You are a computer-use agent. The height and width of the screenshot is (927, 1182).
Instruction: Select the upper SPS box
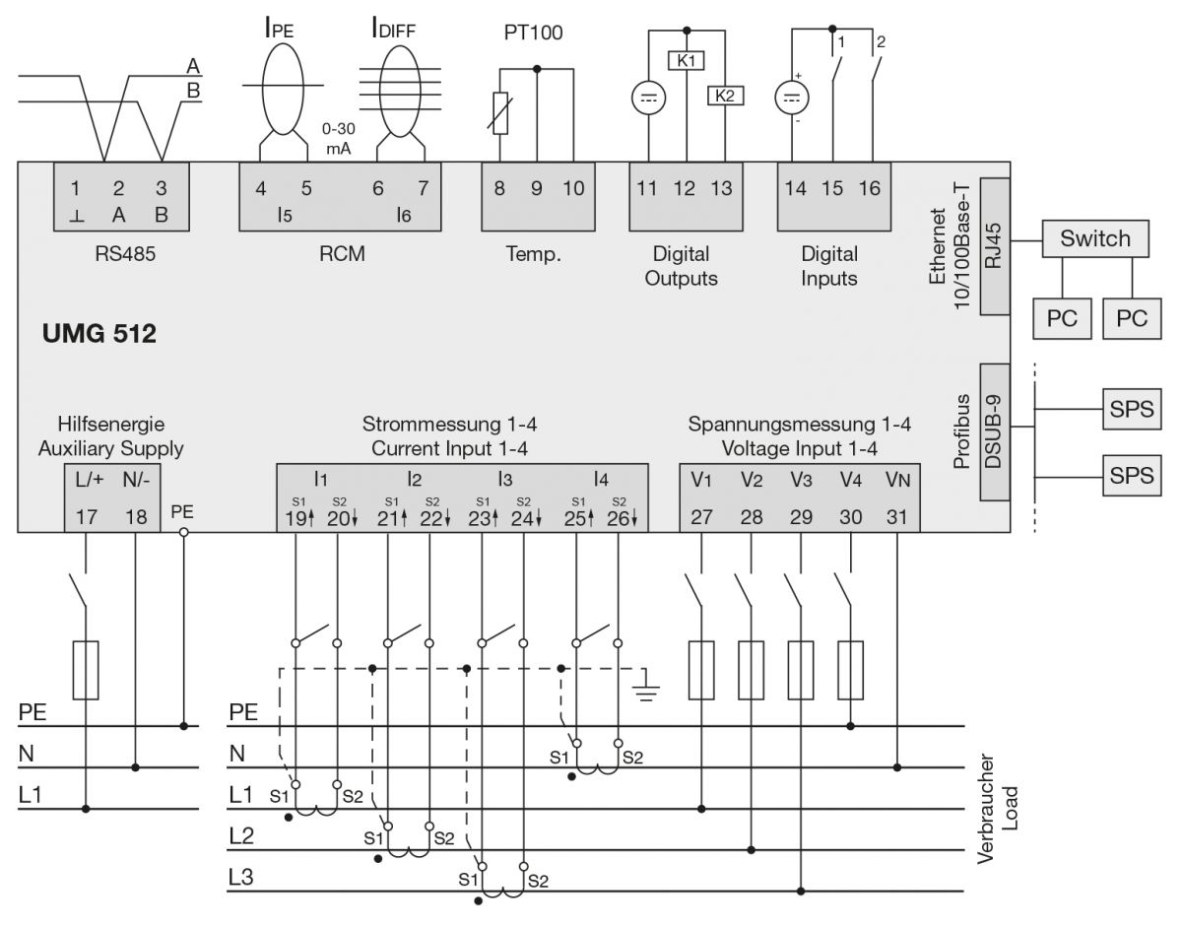click(1131, 409)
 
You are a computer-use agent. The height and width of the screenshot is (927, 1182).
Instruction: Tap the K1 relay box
click(686, 60)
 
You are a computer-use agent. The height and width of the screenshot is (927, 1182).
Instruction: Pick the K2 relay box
click(725, 96)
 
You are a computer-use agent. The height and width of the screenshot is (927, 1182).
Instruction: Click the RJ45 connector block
click(996, 246)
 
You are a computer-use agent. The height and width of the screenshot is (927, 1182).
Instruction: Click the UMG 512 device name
click(98, 334)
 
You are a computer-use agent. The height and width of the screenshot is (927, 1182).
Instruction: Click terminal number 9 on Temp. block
click(537, 188)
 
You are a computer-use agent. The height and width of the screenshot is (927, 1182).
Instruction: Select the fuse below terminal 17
click(86, 670)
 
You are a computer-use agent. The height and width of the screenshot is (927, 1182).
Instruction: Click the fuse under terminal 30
click(850, 670)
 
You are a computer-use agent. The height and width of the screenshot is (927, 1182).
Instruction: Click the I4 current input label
click(601, 481)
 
